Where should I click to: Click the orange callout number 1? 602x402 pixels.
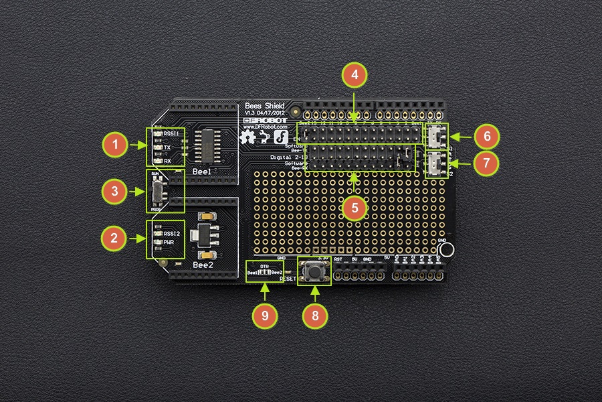(116, 144)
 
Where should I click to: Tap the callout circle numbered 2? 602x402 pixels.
(116, 237)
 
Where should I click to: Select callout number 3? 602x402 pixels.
(116, 192)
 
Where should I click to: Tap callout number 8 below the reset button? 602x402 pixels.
(316, 315)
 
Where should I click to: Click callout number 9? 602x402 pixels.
(266, 315)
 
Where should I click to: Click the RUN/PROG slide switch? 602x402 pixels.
(156, 192)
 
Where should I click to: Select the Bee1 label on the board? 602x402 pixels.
(202, 172)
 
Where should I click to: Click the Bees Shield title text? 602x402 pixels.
(266, 106)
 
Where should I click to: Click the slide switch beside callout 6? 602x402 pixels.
(436, 137)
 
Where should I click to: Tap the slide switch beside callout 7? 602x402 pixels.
(436, 163)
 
